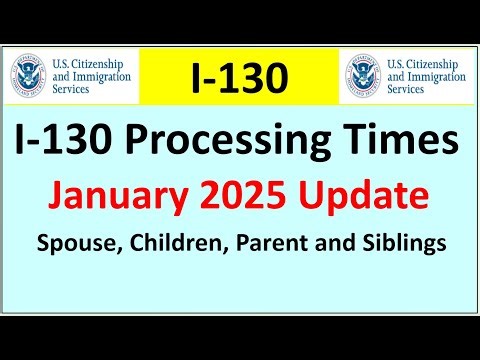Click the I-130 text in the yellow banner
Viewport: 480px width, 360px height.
click(240, 76)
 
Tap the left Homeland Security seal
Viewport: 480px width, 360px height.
click(27, 75)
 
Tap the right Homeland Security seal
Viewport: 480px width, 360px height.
click(362, 75)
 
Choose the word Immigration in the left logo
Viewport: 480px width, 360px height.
click(101, 76)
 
